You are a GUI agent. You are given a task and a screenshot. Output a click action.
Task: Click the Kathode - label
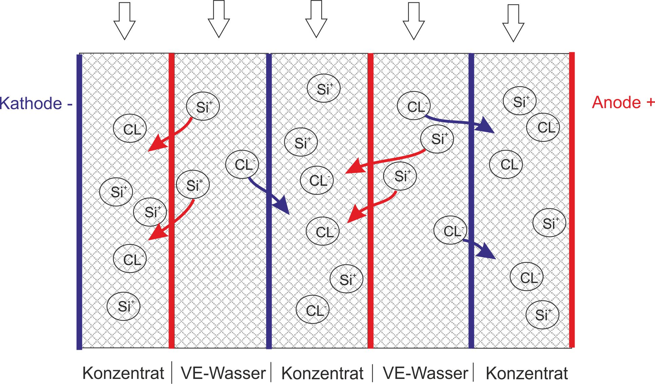pyautogui.click(x=36, y=103)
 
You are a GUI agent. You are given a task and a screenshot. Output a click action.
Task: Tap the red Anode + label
pyautogui.click(x=623, y=102)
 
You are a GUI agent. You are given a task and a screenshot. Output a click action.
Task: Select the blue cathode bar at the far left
pyautogui.click(x=79, y=202)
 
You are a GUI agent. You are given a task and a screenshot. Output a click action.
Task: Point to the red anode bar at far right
pyautogui.click(x=572, y=200)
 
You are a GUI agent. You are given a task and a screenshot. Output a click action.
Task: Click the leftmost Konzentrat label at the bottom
pyautogui.click(x=123, y=373)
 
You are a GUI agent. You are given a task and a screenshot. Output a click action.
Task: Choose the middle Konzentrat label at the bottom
pyautogui.click(x=322, y=373)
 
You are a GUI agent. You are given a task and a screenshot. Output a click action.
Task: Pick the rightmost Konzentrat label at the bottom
pyautogui.click(x=527, y=373)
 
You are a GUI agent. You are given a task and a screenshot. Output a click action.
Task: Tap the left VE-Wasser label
pyautogui.click(x=223, y=373)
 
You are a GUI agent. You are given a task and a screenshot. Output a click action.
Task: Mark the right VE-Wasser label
pyautogui.click(x=425, y=373)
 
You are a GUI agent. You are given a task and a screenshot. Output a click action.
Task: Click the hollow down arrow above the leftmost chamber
pyautogui.click(x=124, y=21)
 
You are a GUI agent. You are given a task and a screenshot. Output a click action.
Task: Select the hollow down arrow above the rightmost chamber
pyautogui.click(x=513, y=23)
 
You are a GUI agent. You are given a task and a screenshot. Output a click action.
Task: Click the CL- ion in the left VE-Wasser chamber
pyautogui.click(x=242, y=165)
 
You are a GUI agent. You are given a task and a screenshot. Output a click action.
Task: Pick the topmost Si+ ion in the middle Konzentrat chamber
pyautogui.click(x=323, y=88)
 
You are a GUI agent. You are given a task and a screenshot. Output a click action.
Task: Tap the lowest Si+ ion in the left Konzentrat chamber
pyautogui.click(x=123, y=306)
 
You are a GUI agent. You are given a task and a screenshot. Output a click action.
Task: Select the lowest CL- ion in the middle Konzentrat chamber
pyautogui.click(x=312, y=310)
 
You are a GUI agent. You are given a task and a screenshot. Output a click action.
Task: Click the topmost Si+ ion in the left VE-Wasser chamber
pyautogui.click(x=203, y=106)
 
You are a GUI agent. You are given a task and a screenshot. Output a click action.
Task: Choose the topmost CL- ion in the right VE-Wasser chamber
pyautogui.click(x=414, y=106)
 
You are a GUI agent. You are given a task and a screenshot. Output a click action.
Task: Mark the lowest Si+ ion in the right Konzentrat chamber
pyautogui.click(x=542, y=315)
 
